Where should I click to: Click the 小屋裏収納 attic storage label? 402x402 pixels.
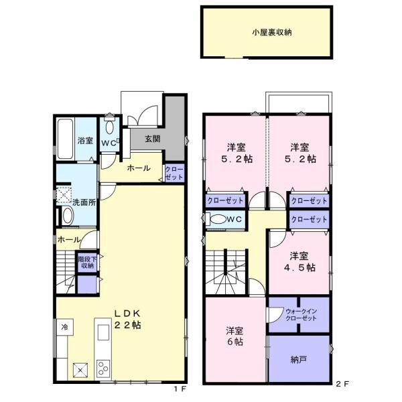(272, 33)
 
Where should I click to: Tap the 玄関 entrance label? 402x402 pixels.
(153, 139)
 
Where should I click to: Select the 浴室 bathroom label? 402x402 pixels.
(85, 141)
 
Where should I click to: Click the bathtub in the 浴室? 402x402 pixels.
(66, 139)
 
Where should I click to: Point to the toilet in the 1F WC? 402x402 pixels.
(109, 126)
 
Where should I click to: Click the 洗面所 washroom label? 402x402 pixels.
(84, 202)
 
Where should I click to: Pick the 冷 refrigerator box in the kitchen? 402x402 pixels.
(65, 327)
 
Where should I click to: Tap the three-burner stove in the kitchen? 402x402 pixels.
(103, 368)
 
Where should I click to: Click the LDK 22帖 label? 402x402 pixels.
(127, 320)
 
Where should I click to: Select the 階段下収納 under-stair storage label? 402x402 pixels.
(87, 262)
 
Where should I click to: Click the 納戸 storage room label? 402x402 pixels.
(299, 360)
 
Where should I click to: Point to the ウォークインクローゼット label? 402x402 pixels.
(301, 315)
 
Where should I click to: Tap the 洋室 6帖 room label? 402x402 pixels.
(234, 336)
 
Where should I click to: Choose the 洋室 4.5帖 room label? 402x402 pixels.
(299, 262)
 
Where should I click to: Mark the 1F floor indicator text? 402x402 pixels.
(180, 389)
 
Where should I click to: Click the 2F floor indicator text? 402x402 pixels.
(342, 384)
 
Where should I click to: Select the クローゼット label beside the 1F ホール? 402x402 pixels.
(174, 173)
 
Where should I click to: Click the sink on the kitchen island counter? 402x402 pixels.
(104, 332)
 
